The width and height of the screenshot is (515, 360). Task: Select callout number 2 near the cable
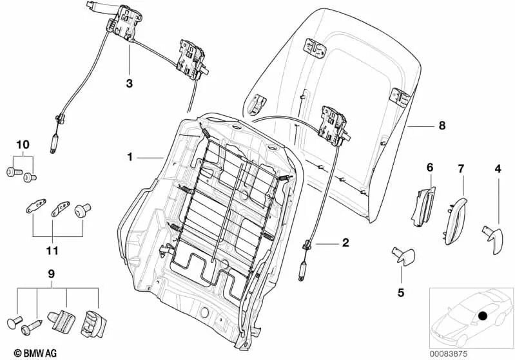[345, 243]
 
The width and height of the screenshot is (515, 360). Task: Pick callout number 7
[461, 169]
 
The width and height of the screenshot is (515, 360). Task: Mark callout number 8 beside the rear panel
[442, 126]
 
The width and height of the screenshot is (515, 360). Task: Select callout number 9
[52, 272]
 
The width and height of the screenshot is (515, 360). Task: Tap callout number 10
[23, 146]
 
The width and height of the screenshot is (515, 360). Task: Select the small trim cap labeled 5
[403, 256]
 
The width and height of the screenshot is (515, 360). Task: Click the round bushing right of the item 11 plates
[82, 210]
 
